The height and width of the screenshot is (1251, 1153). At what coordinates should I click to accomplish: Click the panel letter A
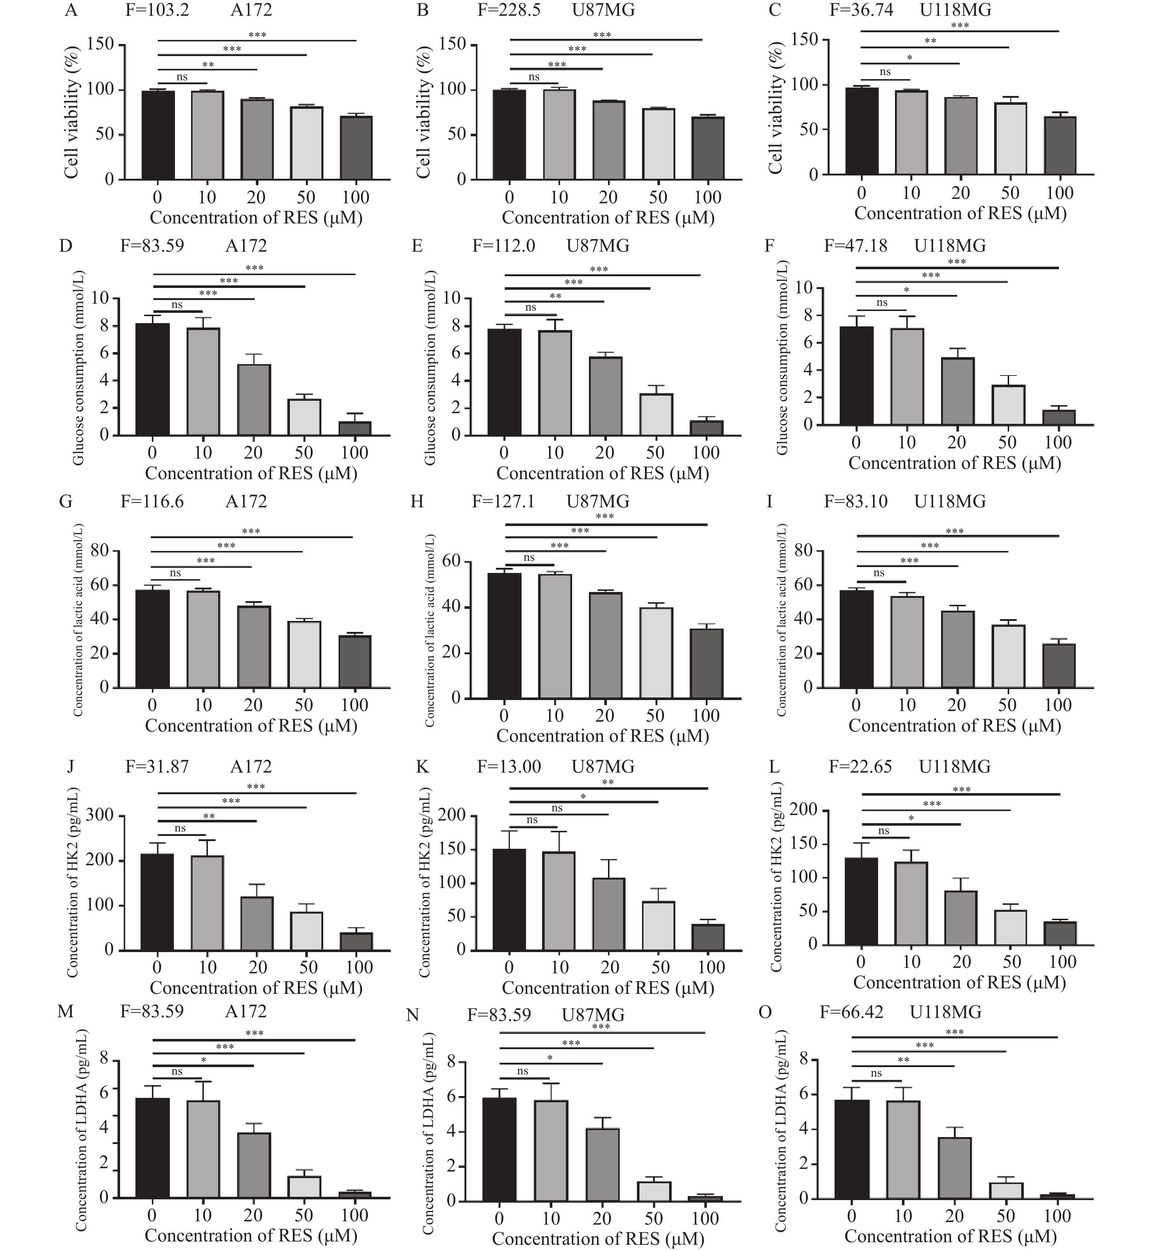pyautogui.click(x=71, y=11)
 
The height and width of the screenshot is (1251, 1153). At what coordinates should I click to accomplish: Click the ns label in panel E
pyautogui.click(x=530, y=307)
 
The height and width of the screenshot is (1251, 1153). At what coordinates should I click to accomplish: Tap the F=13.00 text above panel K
pyautogui.click(x=509, y=767)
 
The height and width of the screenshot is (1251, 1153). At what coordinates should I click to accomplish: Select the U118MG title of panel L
pyautogui.click(x=955, y=767)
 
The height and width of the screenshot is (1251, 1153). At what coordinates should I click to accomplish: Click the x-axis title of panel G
pyautogui.click(x=251, y=725)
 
